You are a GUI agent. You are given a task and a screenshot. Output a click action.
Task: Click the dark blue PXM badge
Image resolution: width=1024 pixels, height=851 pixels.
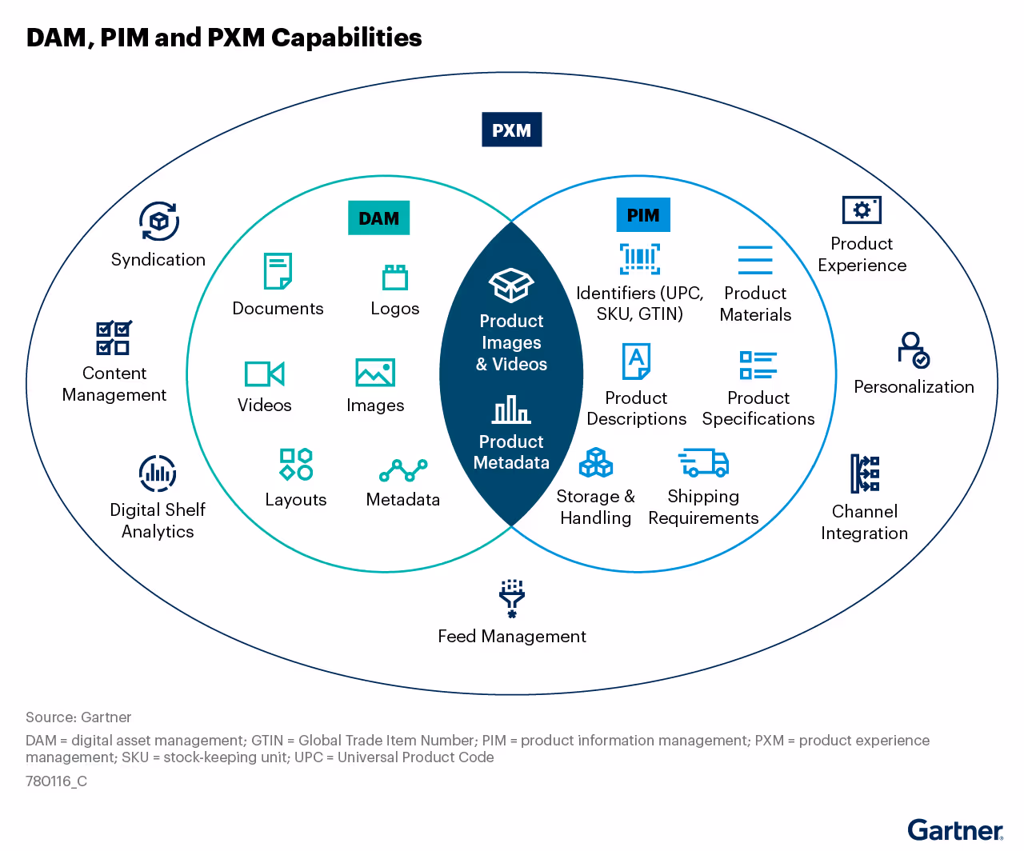click(511, 130)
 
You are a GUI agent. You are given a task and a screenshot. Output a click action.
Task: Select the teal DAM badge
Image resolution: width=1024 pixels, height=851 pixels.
click(378, 218)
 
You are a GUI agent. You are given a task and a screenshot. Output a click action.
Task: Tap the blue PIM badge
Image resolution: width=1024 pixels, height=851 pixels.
click(642, 215)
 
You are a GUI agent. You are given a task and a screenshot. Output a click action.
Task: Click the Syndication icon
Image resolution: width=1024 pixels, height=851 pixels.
click(159, 221)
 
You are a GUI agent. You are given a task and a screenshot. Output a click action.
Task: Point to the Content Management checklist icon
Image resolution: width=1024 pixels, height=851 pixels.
click(114, 338)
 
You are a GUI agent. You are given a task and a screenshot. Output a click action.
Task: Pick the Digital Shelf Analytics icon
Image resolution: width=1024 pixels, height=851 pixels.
click(158, 473)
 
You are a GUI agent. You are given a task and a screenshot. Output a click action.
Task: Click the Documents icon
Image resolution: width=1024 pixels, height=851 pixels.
click(278, 271)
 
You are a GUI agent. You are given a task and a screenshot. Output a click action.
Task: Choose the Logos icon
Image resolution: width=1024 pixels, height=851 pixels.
click(394, 277)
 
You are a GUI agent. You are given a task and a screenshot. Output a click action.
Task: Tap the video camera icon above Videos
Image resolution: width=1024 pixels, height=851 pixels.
click(264, 374)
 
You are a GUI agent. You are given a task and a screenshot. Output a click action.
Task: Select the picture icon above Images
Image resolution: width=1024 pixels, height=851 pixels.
click(375, 373)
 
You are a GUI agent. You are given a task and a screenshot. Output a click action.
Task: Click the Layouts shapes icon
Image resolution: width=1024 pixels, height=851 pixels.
click(296, 464)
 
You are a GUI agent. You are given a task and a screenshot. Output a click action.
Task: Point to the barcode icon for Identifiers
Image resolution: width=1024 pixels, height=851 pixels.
click(639, 258)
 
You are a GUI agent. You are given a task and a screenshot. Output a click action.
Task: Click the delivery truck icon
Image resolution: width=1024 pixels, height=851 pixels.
click(703, 462)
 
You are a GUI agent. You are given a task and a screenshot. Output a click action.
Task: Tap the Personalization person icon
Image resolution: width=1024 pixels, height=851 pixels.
click(913, 350)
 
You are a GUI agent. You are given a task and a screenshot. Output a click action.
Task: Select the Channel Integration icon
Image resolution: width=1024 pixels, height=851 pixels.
click(865, 473)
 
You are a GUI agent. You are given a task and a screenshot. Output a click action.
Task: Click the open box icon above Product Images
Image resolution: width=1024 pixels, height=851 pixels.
click(511, 285)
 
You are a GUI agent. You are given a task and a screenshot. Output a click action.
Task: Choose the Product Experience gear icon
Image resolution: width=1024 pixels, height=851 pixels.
click(862, 210)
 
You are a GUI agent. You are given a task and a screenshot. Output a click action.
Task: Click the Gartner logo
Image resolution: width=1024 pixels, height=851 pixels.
click(955, 830)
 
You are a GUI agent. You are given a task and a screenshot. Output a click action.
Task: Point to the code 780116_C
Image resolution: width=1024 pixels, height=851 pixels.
click(56, 781)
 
